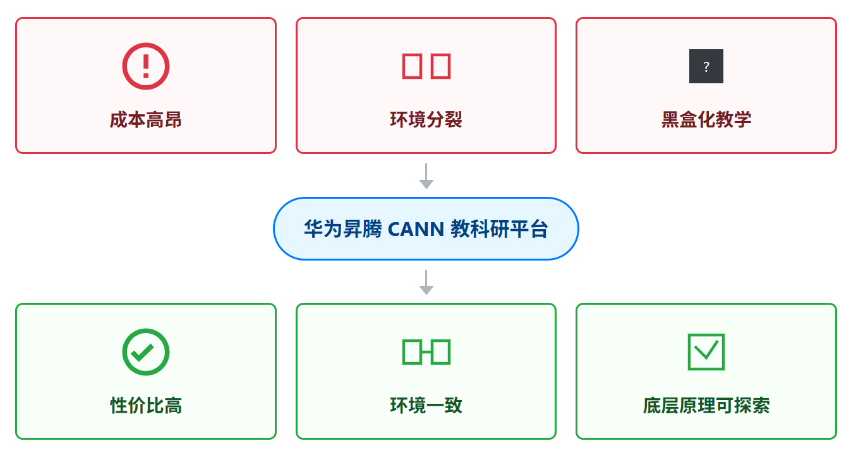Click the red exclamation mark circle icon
(x=146, y=66)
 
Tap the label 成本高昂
(x=146, y=119)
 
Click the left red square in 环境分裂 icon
(x=412, y=66)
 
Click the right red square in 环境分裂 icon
(x=441, y=66)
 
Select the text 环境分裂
(x=426, y=119)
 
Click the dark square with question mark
(x=706, y=66)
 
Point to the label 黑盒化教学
(x=706, y=119)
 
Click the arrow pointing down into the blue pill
(x=426, y=176)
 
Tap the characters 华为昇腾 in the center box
(x=342, y=229)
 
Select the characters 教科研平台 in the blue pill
(x=499, y=229)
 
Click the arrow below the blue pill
(x=426, y=283)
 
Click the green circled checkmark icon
(x=146, y=352)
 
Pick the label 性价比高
(x=146, y=405)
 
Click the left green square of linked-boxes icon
(x=412, y=352)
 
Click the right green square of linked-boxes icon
(x=441, y=352)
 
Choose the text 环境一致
(x=426, y=405)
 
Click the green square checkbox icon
(x=706, y=352)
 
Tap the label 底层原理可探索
(x=706, y=405)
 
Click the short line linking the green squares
(x=426, y=352)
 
